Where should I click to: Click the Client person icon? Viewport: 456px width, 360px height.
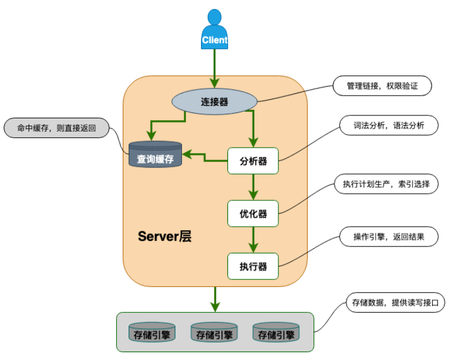click(214, 30)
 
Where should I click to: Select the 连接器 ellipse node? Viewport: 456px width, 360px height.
click(214, 102)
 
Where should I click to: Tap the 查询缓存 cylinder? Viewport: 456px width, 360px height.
click(156, 155)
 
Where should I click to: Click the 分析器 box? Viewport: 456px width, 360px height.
click(253, 161)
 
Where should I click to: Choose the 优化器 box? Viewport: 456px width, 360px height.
click(253, 213)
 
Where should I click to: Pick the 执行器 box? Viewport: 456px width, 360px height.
click(253, 266)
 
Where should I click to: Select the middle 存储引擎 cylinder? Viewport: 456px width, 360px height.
click(214, 332)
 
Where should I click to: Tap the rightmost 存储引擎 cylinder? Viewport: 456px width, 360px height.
click(276, 332)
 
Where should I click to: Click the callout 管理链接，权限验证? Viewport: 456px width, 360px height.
click(382, 86)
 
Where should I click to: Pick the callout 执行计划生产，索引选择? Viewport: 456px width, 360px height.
click(386, 184)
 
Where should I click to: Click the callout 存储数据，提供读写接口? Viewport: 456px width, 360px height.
click(395, 303)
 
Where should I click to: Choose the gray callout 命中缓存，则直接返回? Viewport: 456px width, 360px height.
click(56, 127)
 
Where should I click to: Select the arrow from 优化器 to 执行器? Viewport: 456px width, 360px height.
click(253, 240)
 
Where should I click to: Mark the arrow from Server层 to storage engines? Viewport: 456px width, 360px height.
click(214, 299)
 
